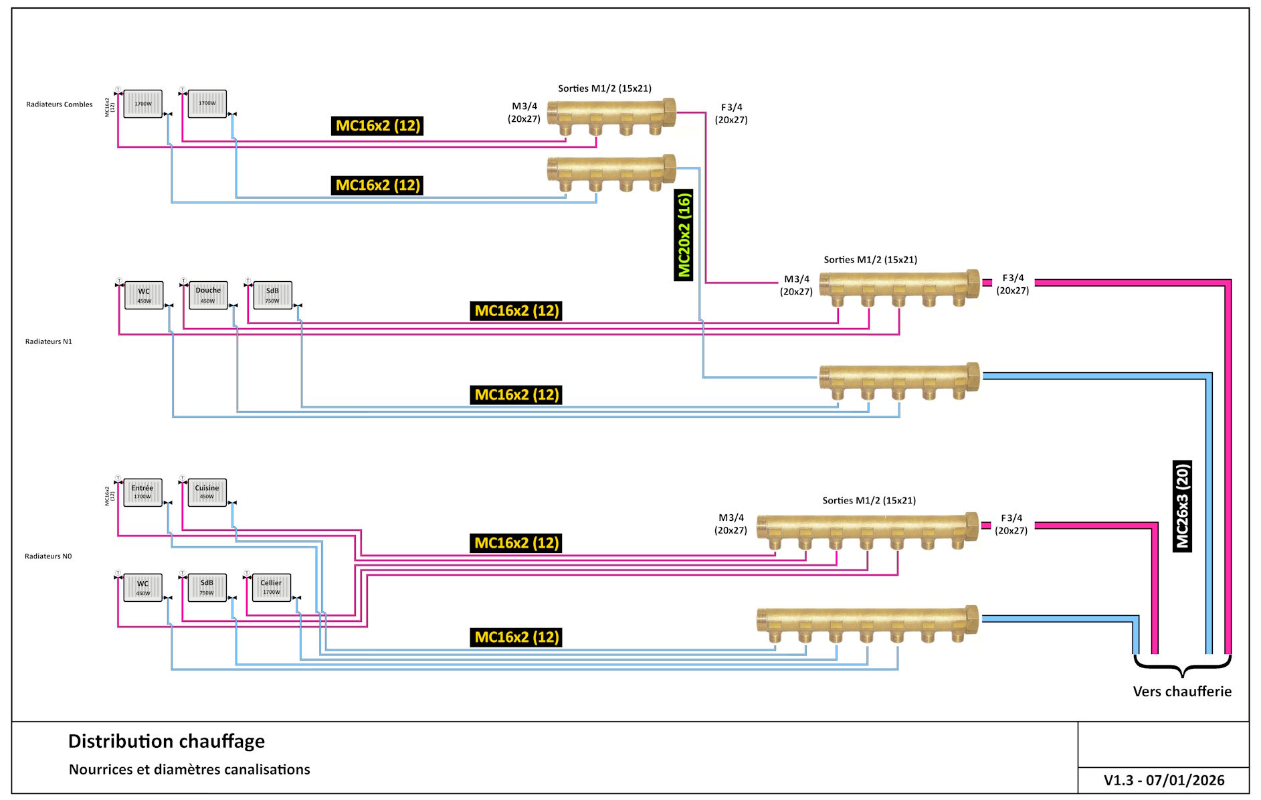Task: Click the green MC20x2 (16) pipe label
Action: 683,235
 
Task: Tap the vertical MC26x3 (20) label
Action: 1182,506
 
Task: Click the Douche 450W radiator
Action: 208,295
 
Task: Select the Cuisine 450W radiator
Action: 207,492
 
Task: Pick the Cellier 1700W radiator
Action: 271,587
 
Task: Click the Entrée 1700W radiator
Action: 142,492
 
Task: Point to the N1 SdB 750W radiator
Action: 272,295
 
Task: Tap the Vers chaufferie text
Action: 1182,692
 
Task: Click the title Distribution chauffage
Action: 167,741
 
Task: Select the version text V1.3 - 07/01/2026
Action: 1164,780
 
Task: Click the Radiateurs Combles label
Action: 60,104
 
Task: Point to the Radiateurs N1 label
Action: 49,341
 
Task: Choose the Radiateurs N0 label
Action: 48,556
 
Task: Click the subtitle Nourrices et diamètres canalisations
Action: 189,769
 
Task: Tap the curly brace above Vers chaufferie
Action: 1182,666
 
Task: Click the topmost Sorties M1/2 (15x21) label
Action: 605,88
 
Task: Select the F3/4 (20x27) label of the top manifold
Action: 731,113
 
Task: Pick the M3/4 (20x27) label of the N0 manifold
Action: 731,524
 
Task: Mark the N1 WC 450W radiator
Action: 144,295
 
